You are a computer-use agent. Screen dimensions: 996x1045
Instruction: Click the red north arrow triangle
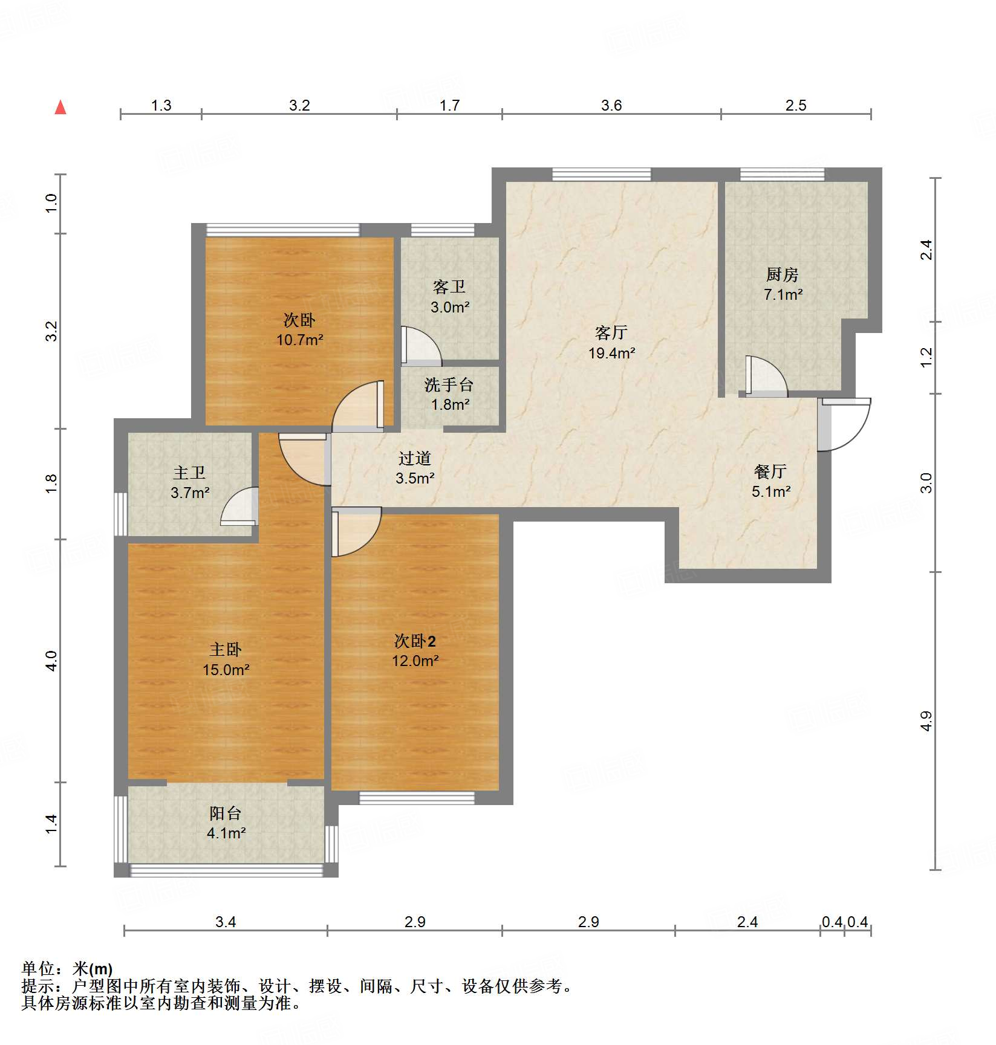pyautogui.click(x=60, y=107)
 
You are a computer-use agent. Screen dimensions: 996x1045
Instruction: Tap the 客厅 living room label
pyautogui.click(x=611, y=332)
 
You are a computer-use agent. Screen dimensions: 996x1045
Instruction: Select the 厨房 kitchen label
pyautogui.click(x=783, y=274)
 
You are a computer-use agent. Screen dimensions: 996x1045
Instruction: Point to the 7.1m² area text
pyautogui.click(x=783, y=294)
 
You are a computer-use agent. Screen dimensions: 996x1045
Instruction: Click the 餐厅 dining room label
pyautogui.click(x=770, y=471)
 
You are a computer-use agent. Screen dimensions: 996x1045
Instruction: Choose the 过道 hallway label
pyautogui.click(x=415, y=458)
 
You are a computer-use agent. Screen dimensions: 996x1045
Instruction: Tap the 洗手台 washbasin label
pyautogui.click(x=449, y=384)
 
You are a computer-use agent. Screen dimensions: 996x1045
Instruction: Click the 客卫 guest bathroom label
pyautogui.click(x=449, y=286)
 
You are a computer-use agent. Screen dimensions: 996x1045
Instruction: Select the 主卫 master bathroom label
pyautogui.click(x=189, y=472)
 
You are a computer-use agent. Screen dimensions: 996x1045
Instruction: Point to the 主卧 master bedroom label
pyautogui.click(x=226, y=649)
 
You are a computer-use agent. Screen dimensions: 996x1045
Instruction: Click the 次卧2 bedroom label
pyautogui.click(x=415, y=641)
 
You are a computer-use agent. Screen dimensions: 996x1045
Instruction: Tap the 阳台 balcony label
pyautogui.click(x=226, y=813)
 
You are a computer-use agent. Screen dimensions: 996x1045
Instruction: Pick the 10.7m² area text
pyautogui.click(x=300, y=340)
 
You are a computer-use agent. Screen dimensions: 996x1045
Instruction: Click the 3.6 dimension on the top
pyautogui.click(x=611, y=106)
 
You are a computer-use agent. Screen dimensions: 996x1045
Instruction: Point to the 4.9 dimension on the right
pyautogui.click(x=926, y=721)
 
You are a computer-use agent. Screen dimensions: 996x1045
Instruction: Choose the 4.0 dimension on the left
pyautogui.click(x=52, y=661)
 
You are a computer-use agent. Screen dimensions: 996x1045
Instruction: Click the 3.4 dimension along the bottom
pyautogui.click(x=226, y=922)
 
